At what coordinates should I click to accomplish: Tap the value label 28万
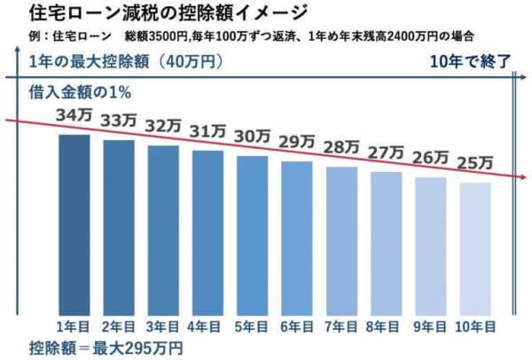pos(341,145)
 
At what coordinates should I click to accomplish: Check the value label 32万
pos(162,124)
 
